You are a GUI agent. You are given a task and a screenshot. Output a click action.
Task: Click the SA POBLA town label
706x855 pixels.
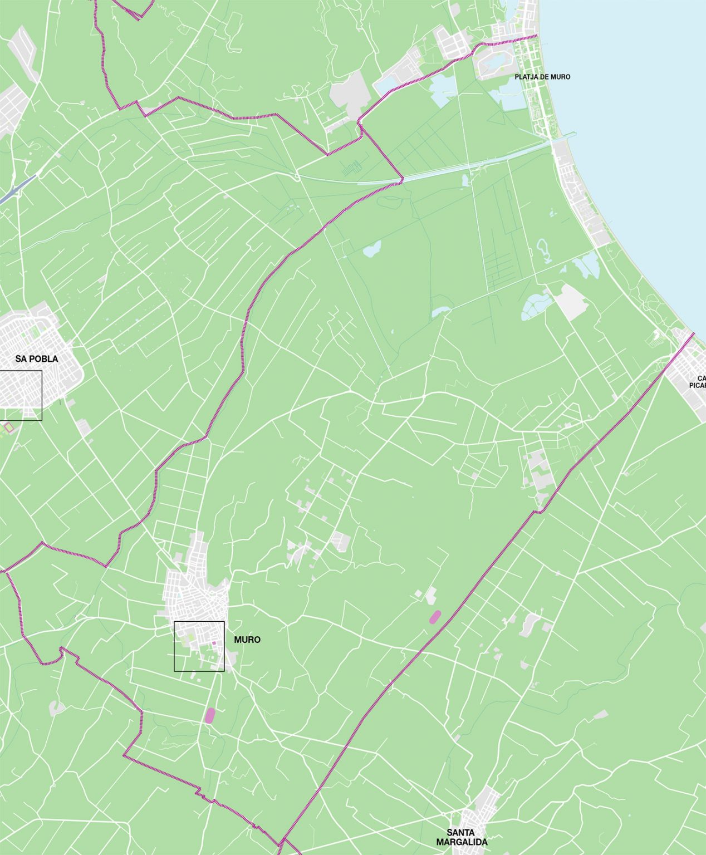coord(37,359)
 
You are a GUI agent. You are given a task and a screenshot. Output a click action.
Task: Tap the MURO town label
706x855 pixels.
coord(247,640)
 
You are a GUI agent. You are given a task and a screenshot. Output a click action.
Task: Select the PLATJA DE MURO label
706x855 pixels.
coord(542,77)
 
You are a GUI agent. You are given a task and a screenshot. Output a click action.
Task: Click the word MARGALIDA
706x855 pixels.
coord(462,842)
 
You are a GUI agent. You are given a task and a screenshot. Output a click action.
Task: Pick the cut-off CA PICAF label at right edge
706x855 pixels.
coord(698,381)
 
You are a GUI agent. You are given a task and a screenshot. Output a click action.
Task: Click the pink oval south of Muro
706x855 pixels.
coord(210,715)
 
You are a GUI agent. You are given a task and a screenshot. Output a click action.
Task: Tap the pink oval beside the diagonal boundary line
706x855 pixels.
coord(435,616)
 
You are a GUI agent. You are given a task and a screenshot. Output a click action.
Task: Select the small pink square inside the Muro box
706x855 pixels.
coord(213,643)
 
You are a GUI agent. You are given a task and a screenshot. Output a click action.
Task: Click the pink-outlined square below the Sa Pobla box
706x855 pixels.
coord(8,427)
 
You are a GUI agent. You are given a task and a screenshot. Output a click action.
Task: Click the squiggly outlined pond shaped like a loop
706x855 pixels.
coord(543,250)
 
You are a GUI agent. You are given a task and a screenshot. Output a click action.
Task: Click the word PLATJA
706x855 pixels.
coord(524,77)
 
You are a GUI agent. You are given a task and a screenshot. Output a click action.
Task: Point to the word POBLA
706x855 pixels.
coord(45,359)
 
